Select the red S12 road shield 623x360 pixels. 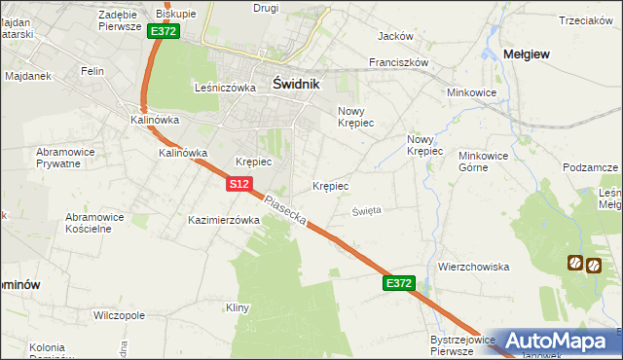click(242, 183)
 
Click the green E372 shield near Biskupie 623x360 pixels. click(163, 31)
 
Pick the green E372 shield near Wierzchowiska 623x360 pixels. click(399, 283)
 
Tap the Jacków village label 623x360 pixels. click(395, 36)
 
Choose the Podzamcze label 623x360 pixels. click(591, 167)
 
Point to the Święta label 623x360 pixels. click(367, 209)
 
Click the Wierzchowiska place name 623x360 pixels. click(474, 267)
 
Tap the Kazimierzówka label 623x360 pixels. click(224, 221)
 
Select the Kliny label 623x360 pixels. click(238, 308)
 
